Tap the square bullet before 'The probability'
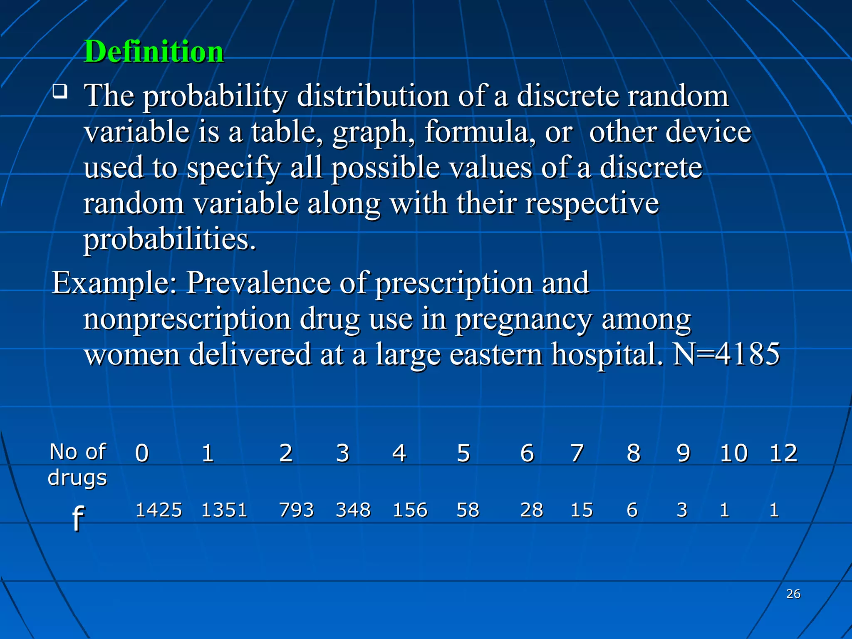[x=60, y=91]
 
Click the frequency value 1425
[x=159, y=510]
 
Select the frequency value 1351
[x=224, y=510]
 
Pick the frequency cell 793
[x=296, y=510]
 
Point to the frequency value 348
[x=353, y=510]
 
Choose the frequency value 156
[x=410, y=510]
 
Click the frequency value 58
[x=468, y=510]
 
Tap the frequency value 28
[x=532, y=510]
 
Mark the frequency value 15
[x=582, y=510]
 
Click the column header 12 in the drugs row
[x=783, y=453]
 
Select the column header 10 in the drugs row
[x=734, y=453]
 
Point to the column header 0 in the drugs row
[x=142, y=453]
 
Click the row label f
[x=78, y=518]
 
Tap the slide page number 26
[x=793, y=594]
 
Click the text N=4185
[x=726, y=354]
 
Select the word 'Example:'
[x=114, y=283]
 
